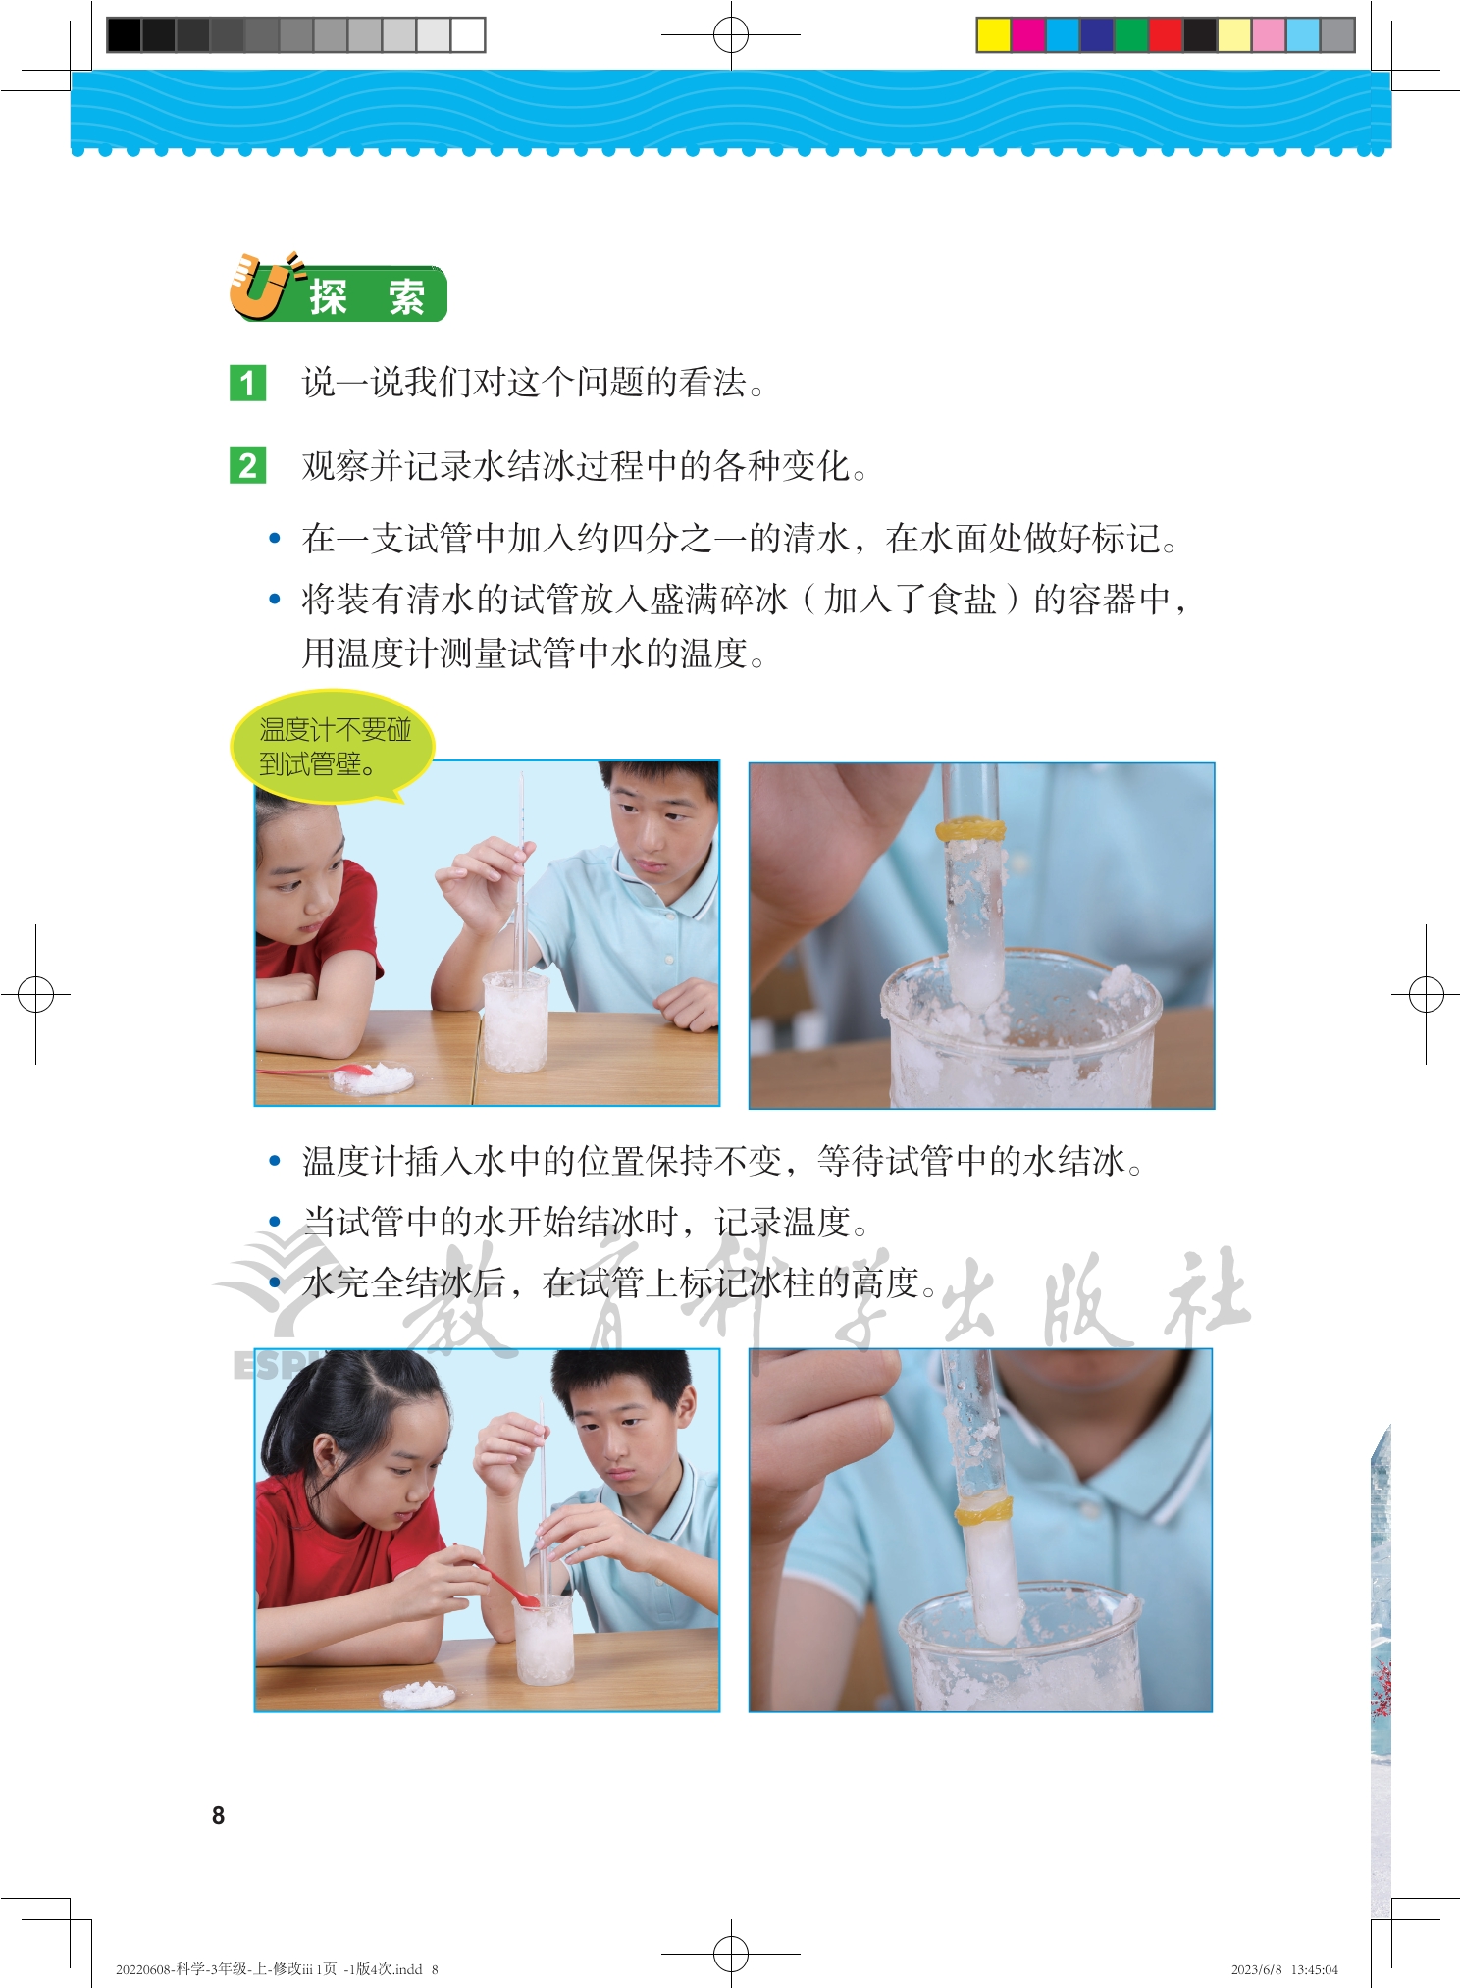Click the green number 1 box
tap(247, 383)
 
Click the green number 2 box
tap(247, 465)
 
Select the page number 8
tap(218, 1815)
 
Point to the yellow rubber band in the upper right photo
tap(969, 829)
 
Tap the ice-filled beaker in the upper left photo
tap(515, 1021)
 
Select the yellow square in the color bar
tap(994, 35)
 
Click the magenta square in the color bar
tap(1028, 35)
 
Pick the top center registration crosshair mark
tap(731, 35)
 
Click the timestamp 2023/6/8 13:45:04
tap(1284, 1968)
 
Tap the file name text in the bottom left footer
tap(277, 1968)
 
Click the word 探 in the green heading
tap(329, 296)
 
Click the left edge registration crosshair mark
tap(36, 994)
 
